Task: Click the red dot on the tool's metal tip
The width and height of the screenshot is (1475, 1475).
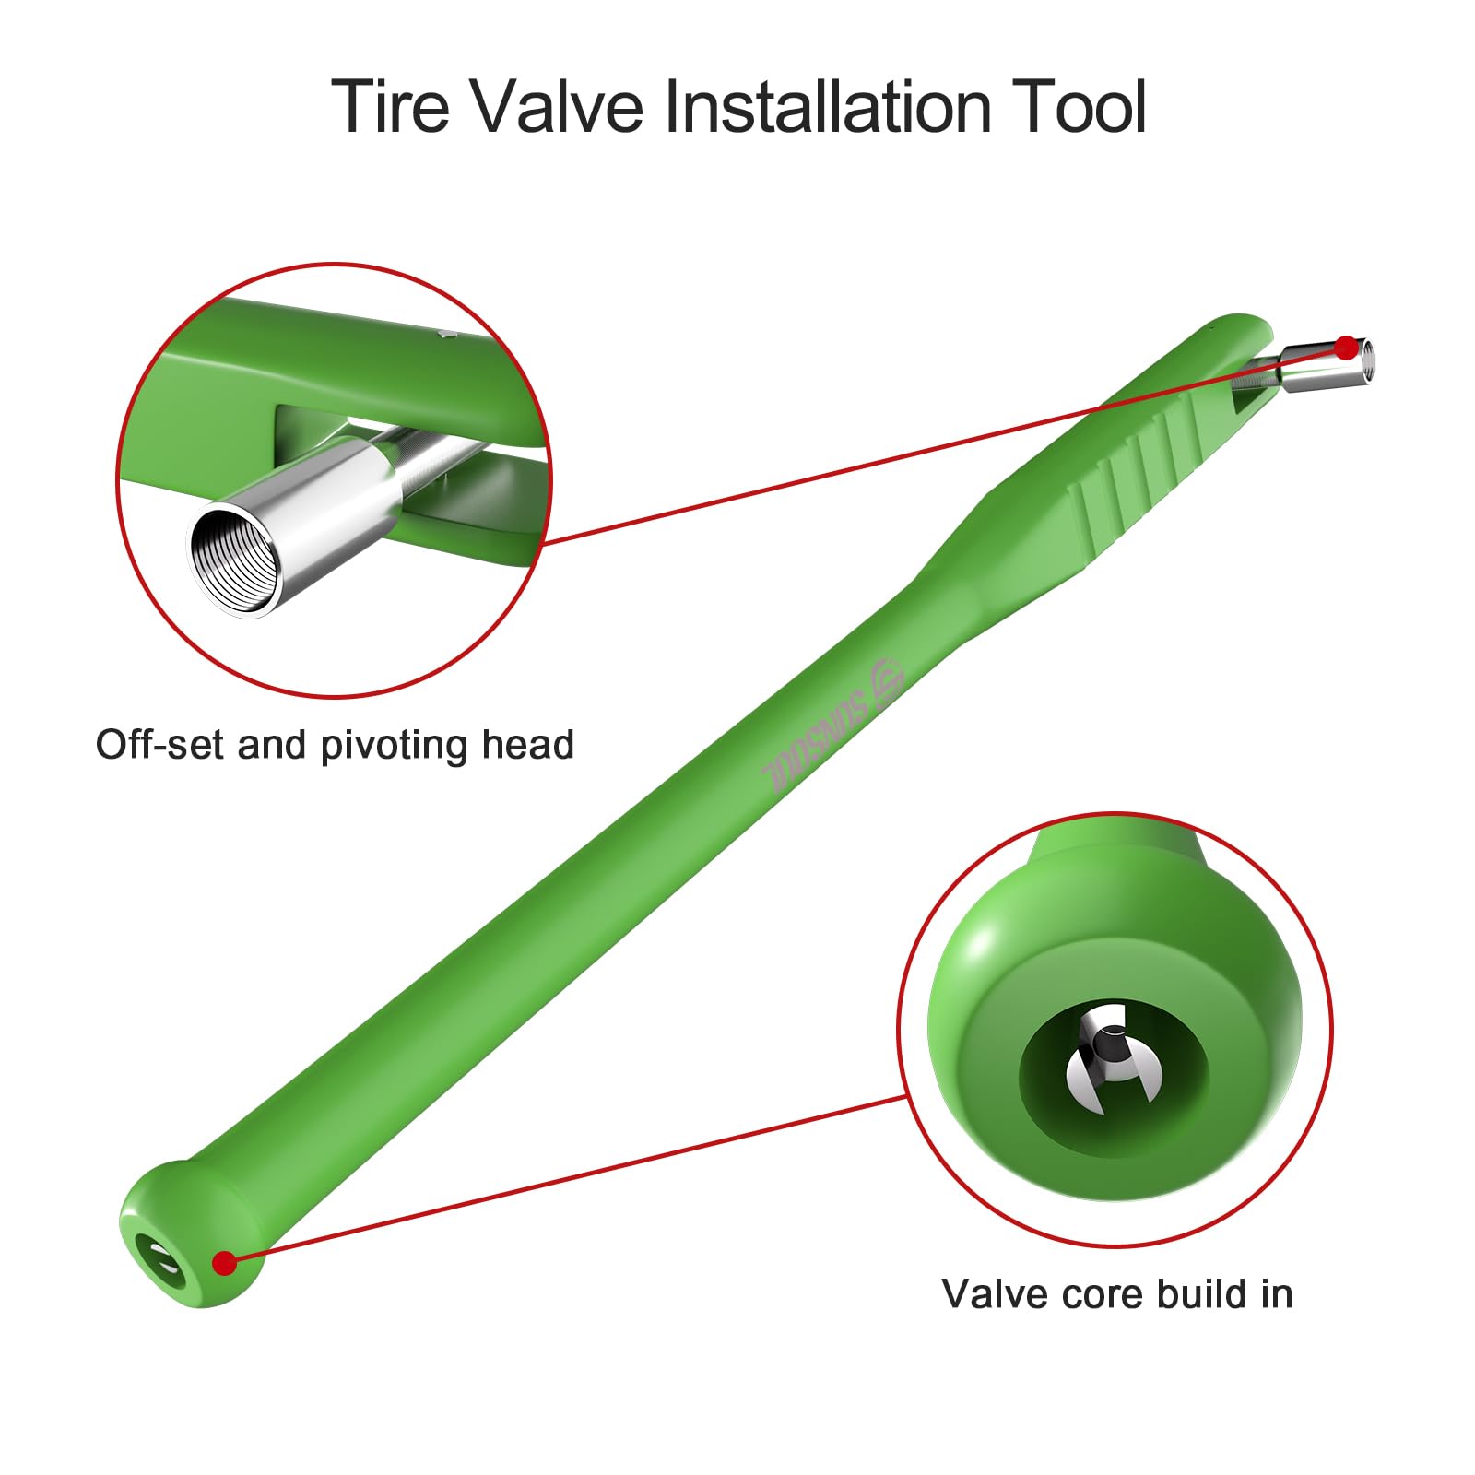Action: click(1347, 348)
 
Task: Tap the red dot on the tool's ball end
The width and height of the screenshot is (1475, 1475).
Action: click(224, 1263)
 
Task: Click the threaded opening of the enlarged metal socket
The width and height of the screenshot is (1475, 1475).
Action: click(236, 560)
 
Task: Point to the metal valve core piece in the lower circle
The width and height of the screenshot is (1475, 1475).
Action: click(1112, 1060)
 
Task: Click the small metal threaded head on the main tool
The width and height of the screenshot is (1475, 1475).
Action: click(1327, 364)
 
